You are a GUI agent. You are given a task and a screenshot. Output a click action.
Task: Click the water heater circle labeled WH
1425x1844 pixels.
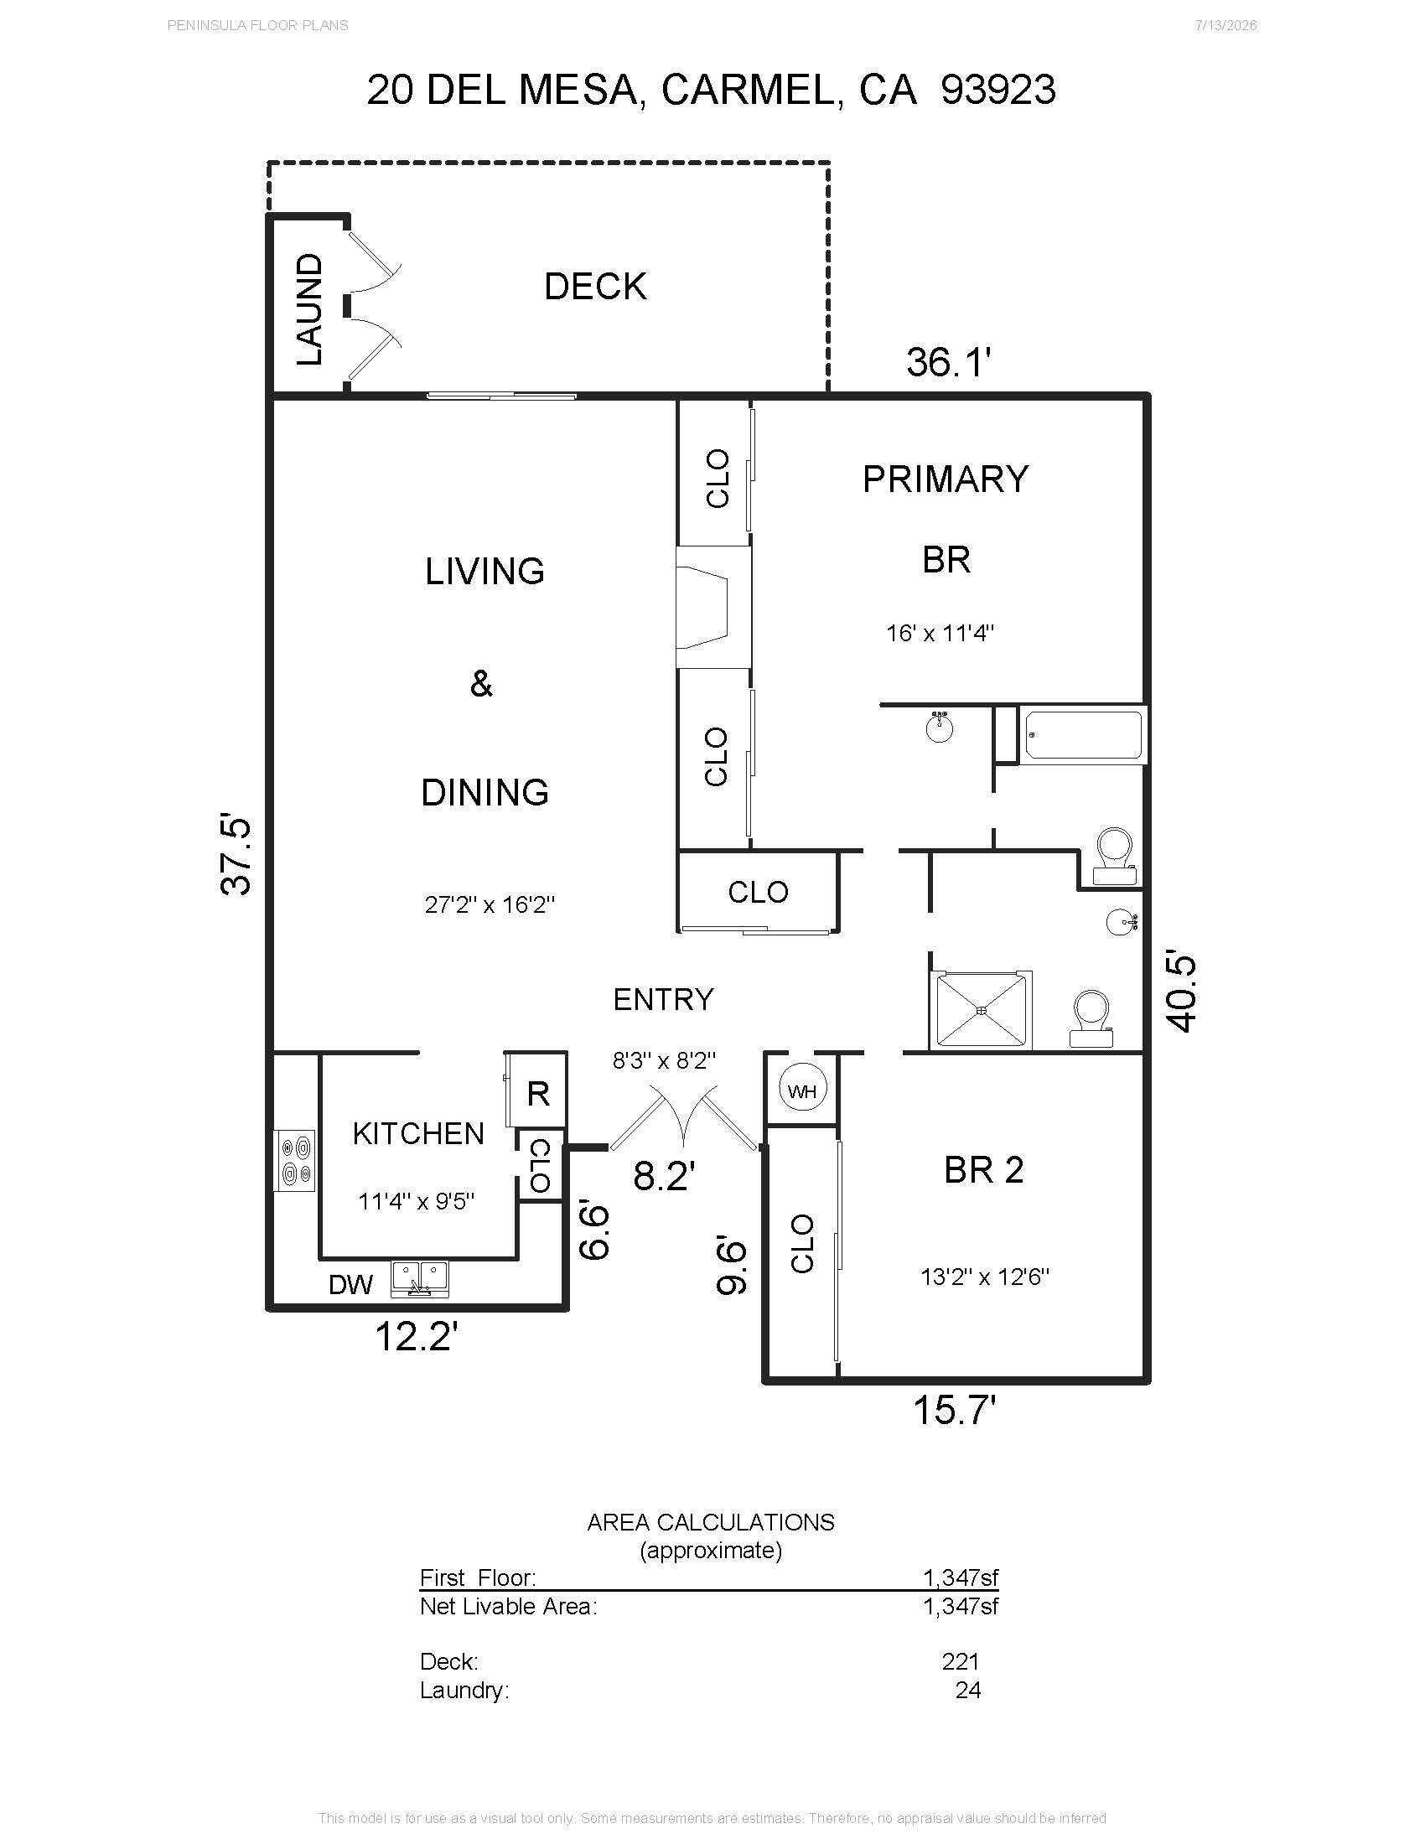coord(801,1090)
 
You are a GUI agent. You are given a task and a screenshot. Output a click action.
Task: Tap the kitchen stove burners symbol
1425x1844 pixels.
coord(295,1161)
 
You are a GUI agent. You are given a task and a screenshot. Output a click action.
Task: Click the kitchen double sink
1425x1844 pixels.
coord(421,1278)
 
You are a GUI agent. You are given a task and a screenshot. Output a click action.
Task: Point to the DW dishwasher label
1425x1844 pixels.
coord(350,1285)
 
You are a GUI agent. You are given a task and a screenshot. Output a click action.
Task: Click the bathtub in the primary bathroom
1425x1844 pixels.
coord(1083,734)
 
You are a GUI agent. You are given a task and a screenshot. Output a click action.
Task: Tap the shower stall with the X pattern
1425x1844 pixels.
coord(981,1010)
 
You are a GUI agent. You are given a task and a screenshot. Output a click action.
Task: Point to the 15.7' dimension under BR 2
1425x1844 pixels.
coord(955,1410)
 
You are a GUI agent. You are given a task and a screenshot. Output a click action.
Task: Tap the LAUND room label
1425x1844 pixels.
coord(310,309)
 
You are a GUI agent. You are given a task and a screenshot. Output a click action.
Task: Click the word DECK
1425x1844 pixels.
coord(595,286)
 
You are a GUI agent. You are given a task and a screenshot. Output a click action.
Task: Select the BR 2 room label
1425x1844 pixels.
coord(983,1169)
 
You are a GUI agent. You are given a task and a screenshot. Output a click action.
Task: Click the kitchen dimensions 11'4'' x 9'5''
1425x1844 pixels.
coord(417,1200)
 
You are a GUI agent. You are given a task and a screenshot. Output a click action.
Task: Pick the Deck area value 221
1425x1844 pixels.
coord(961,1661)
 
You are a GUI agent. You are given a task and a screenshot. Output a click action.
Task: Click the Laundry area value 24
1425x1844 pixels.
coord(968,1691)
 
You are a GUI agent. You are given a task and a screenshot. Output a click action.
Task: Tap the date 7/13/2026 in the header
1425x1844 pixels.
coord(1225,25)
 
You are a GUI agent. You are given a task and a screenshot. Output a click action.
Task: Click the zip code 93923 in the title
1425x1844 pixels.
coord(997,90)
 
